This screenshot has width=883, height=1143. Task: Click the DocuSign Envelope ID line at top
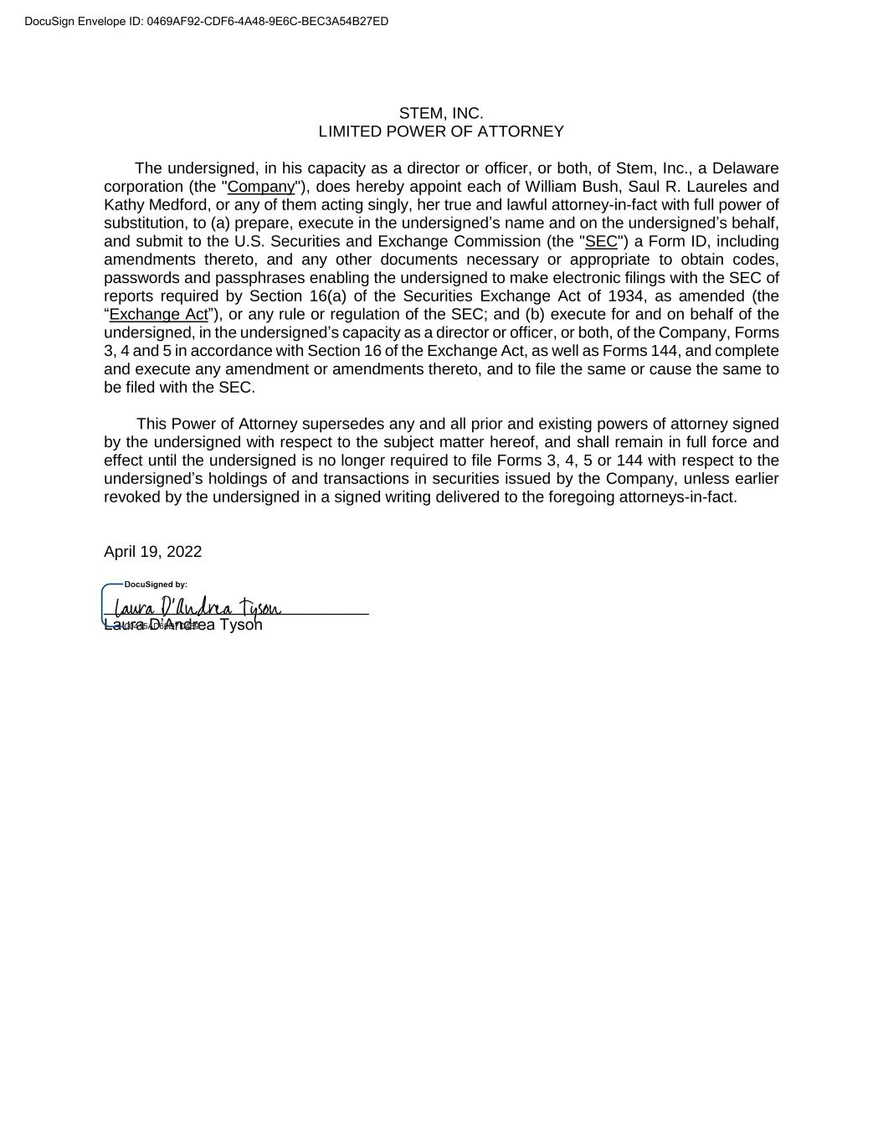coord(207,21)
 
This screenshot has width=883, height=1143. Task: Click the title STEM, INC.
coord(441,113)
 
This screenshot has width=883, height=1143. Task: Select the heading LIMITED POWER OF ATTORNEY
coord(441,131)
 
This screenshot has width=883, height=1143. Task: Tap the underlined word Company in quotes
coord(261,187)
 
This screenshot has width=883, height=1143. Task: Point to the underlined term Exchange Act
coord(158,314)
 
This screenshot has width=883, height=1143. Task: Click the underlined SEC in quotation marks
coord(601,241)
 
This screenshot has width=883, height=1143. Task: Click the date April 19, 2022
coord(152,551)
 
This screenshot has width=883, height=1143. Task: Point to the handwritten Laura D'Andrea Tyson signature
coord(198,607)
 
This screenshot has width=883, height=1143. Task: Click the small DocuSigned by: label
coord(156,584)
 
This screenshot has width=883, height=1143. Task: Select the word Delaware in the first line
coord(745,168)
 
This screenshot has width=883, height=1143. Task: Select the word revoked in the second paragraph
coord(134,497)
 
